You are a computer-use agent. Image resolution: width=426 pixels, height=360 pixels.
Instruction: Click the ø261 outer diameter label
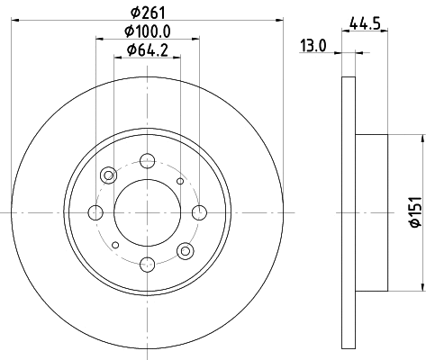(x=144, y=13)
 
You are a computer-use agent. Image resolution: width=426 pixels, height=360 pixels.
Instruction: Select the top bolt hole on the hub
(x=145, y=162)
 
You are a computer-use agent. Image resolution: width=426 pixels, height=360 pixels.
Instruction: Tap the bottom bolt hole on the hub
(x=145, y=264)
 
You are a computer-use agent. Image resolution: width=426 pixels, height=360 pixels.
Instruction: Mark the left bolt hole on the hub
(x=95, y=213)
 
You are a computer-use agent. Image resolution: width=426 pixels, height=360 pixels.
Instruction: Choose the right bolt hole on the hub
(x=196, y=213)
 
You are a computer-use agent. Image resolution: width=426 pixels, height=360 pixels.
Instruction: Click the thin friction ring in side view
(x=349, y=213)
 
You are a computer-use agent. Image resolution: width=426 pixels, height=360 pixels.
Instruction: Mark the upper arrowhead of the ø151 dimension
(x=420, y=139)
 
